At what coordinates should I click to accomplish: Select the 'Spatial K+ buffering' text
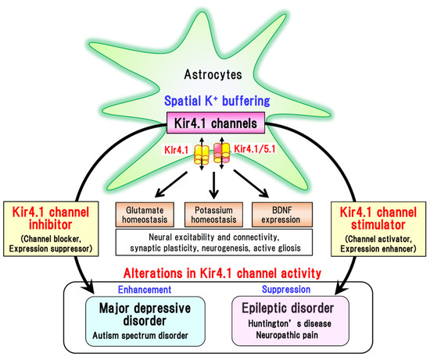[215, 102]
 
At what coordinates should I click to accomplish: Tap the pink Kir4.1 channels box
[215, 122]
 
